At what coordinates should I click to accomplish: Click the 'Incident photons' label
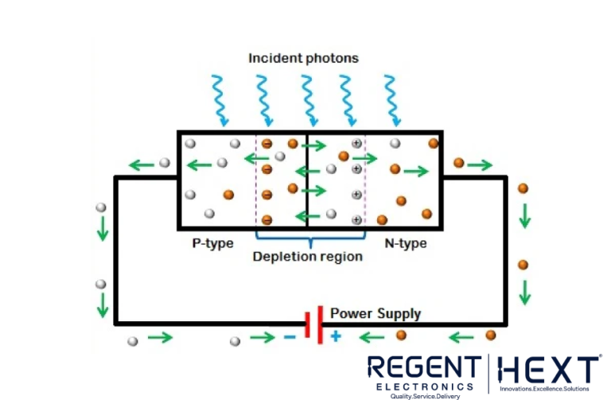(303, 58)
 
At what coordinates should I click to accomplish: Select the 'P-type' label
(212, 243)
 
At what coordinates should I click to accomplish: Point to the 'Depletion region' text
(307, 257)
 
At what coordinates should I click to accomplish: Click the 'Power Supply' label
(375, 313)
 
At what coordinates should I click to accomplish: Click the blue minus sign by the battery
(290, 337)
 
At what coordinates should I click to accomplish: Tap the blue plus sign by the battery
(336, 336)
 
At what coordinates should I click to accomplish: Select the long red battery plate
(320, 324)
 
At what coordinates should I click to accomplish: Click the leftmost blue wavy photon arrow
(219, 99)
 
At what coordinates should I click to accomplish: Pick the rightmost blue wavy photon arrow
(391, 99)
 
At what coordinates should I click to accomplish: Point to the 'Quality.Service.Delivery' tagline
(423, 396)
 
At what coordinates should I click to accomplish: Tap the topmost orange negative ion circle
(267, 144)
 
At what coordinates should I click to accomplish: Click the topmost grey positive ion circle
(356, 143)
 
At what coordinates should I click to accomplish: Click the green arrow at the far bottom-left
(159, 338)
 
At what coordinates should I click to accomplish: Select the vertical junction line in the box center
(306, 179)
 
